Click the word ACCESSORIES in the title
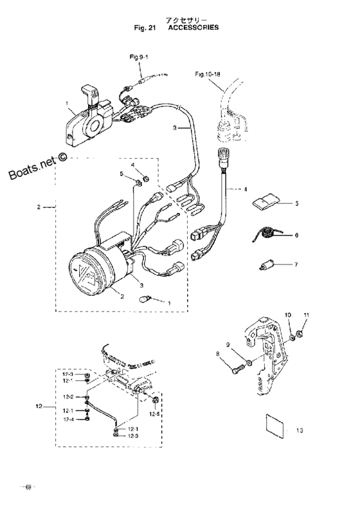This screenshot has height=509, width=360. pos(194,28)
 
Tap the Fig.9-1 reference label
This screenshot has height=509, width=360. pos(139,57)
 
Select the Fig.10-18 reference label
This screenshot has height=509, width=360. pos(208,75)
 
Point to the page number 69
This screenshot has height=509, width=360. pos(28,487)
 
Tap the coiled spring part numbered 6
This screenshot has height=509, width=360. pos(266,234)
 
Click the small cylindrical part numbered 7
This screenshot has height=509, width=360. pos(267,266)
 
